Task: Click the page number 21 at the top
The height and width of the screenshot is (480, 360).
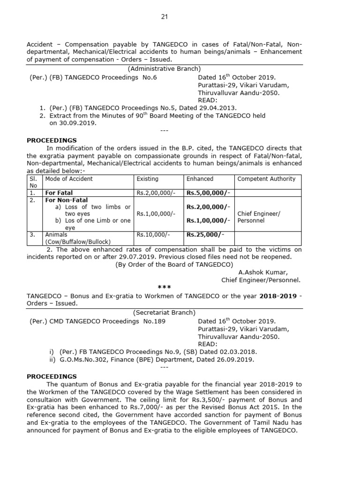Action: [164, 17]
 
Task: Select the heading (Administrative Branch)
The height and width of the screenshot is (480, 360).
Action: [164, 69]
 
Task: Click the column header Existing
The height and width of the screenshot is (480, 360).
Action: [147, 179]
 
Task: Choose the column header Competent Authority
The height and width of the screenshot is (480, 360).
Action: [266, 179]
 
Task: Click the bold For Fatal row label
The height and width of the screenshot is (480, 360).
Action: [59, 193]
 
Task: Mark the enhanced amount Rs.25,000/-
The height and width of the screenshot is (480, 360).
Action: [205, 234]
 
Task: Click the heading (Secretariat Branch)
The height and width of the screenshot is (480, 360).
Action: [164, 313]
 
